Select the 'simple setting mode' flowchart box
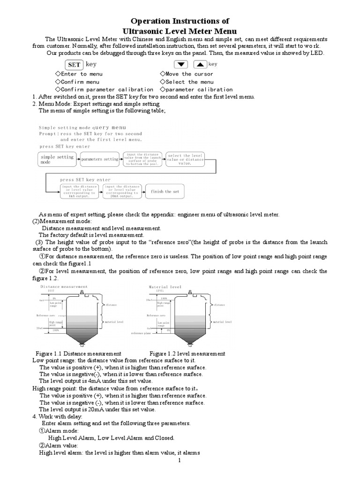point(57,159)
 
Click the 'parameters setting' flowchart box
point(99,159)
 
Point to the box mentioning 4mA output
point(78,191)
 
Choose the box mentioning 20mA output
point(122,191)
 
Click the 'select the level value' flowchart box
point(185,159)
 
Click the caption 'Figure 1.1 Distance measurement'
point(78,353)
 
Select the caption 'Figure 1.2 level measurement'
point(187,353)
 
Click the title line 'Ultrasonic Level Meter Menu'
point(180,30)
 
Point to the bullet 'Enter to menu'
point(79,74)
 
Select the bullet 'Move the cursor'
point(186,74)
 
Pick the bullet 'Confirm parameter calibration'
point(104,89)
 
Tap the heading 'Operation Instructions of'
point(180,21)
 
